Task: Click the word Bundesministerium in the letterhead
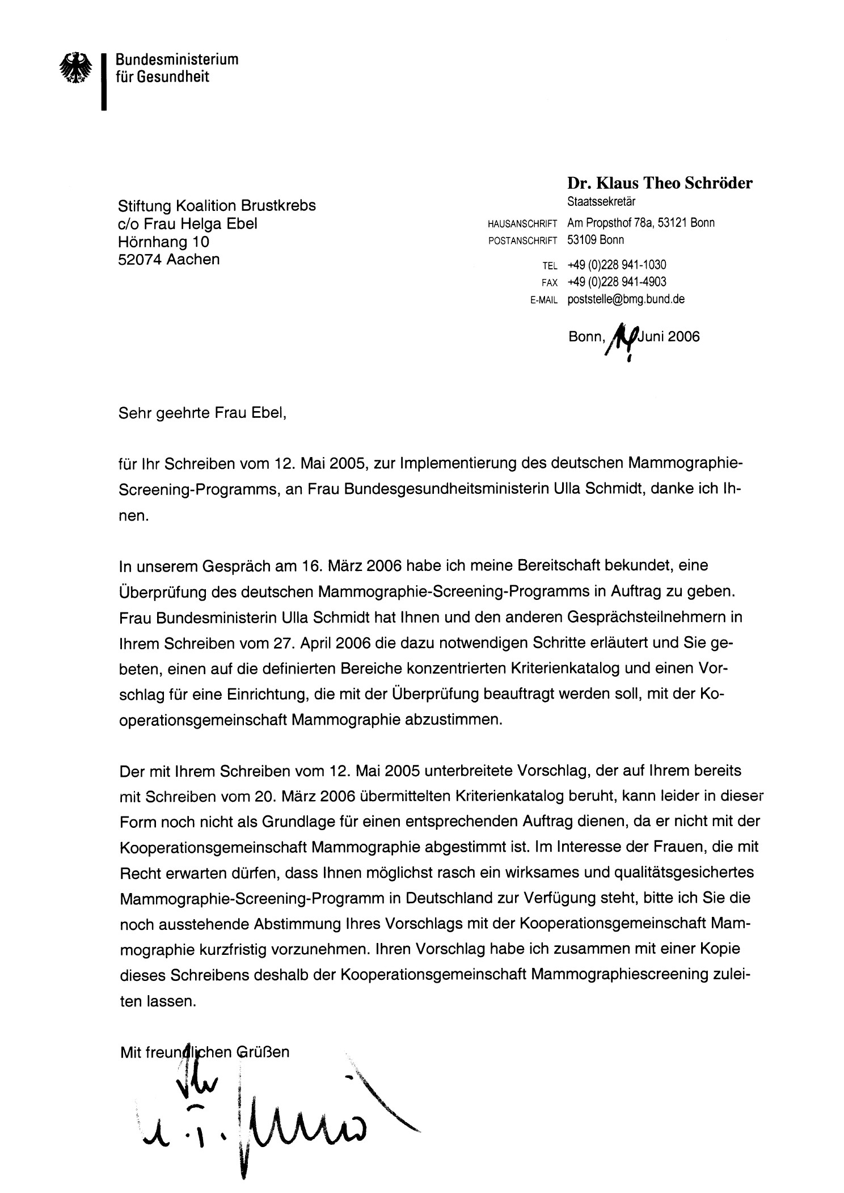(x=177, y=59)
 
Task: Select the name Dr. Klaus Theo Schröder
(x=660, y=183)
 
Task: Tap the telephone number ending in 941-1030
(x=617, y=265)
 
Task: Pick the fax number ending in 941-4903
(x=617, y=282)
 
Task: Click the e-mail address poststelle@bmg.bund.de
(x=626, y=299)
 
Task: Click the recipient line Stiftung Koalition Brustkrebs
(x=217, y=205)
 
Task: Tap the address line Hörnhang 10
(x=163, y=242)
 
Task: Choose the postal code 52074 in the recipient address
(x=140, y=260)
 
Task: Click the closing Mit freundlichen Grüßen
(x=205, y=1052)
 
